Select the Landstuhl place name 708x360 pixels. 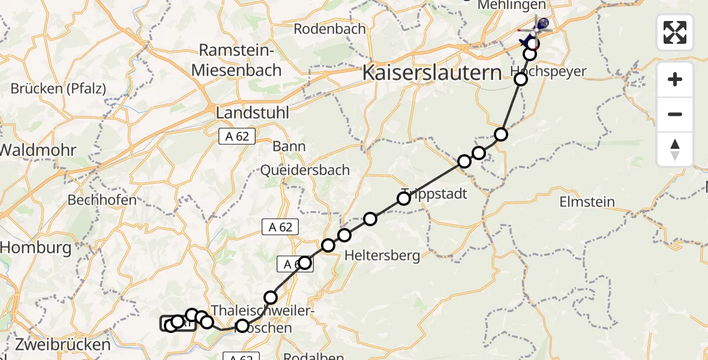(252, 112)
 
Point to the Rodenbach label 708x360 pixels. (330, 28)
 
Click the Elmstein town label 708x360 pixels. (586, 202)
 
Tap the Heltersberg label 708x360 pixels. (382, 256)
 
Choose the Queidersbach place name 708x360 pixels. (305, 170)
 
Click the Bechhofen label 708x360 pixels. (102, 200)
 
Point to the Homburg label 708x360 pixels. (36, 247)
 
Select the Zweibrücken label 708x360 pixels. (55, 345)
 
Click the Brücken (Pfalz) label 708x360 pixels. (58, 89)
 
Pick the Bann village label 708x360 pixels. (289, 146)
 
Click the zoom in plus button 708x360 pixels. (675, 80)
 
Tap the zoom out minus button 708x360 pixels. (675, 114)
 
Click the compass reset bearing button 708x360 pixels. (675, 149)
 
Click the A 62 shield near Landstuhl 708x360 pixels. (237, 137)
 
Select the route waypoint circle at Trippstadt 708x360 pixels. (404, 198)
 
